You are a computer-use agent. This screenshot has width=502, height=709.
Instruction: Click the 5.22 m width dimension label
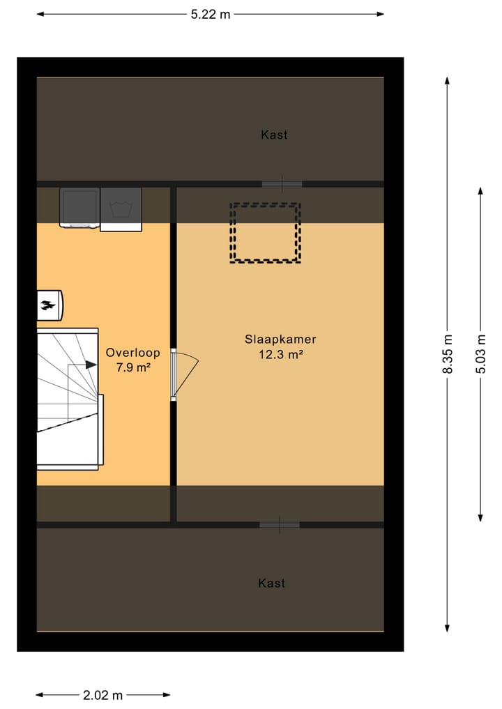(210, 15)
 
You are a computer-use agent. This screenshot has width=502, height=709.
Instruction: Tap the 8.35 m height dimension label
(448, 354)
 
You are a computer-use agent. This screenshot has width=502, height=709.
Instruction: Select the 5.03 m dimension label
(480, 354)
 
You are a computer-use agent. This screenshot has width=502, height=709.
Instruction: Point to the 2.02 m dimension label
(102, 695)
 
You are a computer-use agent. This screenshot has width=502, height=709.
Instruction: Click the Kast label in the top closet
(274, 135)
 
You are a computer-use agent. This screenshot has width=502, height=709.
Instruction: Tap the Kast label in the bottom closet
(271, 583)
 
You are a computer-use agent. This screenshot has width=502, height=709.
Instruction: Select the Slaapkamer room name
(280, 340)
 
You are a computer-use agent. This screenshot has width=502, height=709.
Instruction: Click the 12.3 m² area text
(280, 354)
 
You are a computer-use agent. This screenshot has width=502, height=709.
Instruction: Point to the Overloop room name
(132, 353)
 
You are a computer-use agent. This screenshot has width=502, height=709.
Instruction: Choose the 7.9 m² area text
(132, 367)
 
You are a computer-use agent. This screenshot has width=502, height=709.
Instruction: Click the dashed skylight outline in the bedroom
(265, 233)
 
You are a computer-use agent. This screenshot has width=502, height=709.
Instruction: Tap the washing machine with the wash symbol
(121, 209)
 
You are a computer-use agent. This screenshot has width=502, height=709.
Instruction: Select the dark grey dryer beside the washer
(79, 207)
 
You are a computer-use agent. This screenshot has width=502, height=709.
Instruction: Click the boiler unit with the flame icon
(50, 305)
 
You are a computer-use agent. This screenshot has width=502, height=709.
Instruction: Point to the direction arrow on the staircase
(90, 364)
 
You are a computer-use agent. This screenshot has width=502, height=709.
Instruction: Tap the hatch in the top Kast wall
(282, 184)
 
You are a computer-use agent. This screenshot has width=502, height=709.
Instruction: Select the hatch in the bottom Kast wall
(280, 525)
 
